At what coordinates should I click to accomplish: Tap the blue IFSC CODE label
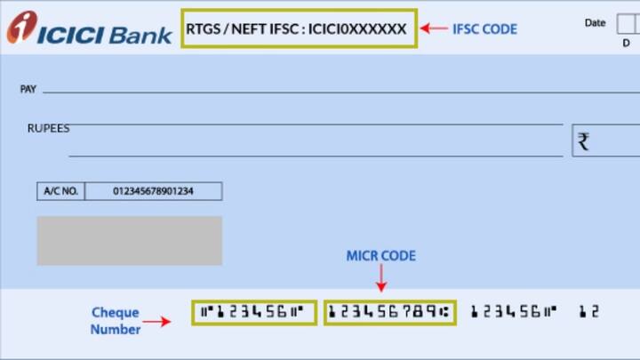tap(484, 28)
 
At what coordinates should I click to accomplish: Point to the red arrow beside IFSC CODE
tap(434, 28)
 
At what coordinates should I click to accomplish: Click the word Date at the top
tap(595, 22)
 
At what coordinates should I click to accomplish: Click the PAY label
tap(28, 90)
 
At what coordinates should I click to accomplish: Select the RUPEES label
tap(48, 129)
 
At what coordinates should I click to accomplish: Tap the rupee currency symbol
tap(584, 140)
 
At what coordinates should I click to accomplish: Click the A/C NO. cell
tap(60, 191)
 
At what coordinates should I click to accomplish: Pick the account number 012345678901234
tap(153, 191)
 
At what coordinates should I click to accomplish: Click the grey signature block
tap(129, 240)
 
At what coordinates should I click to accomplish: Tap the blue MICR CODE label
tap(380, 256)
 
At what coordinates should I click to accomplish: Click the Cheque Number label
tap(115, 321)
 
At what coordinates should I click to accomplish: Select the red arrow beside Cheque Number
tap(156, 321)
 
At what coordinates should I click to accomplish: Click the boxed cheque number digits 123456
tap(253, 312)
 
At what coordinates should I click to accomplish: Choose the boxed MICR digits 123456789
tap(388, 312)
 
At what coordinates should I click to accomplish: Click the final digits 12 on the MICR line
tap(588, 312)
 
